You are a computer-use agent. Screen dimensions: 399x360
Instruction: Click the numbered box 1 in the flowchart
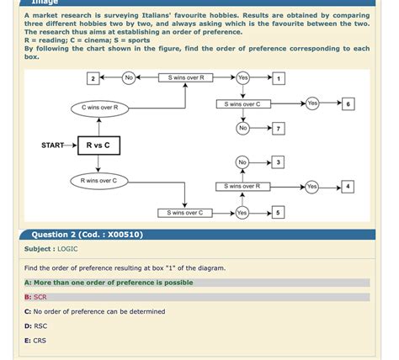point(279,78)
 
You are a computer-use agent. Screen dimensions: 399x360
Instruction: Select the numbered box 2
point(92,78)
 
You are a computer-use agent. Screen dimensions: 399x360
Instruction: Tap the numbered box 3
point(279,161)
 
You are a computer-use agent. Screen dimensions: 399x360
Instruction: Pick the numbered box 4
point(348,186)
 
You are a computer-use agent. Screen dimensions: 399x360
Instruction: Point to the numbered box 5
point(279,213)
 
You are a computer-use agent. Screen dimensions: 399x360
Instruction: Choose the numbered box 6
point(348,103)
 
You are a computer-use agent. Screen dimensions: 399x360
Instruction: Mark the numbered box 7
point(279,129)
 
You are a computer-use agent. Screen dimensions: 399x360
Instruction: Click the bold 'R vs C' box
point(98,146)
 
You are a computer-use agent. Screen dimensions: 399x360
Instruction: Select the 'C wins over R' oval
point(99,109)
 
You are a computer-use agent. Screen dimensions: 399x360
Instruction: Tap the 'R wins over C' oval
point(99,181)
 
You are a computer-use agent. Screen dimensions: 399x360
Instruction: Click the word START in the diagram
point(52,146)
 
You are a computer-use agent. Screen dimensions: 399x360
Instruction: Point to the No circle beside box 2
point(129,78)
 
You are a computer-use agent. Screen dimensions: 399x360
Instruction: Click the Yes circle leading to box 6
point(312,103)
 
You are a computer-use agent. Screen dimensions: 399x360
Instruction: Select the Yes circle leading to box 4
point(312,186)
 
